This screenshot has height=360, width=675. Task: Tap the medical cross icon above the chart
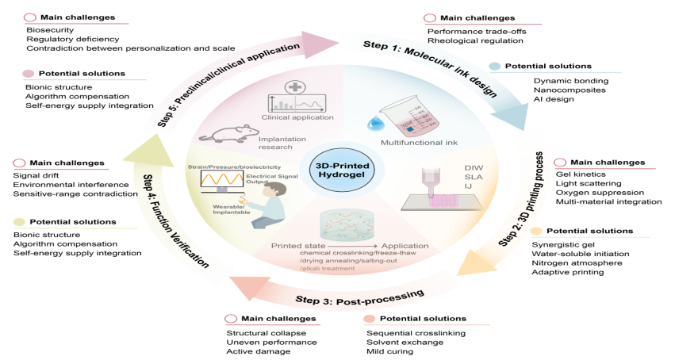tap(293, 87)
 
